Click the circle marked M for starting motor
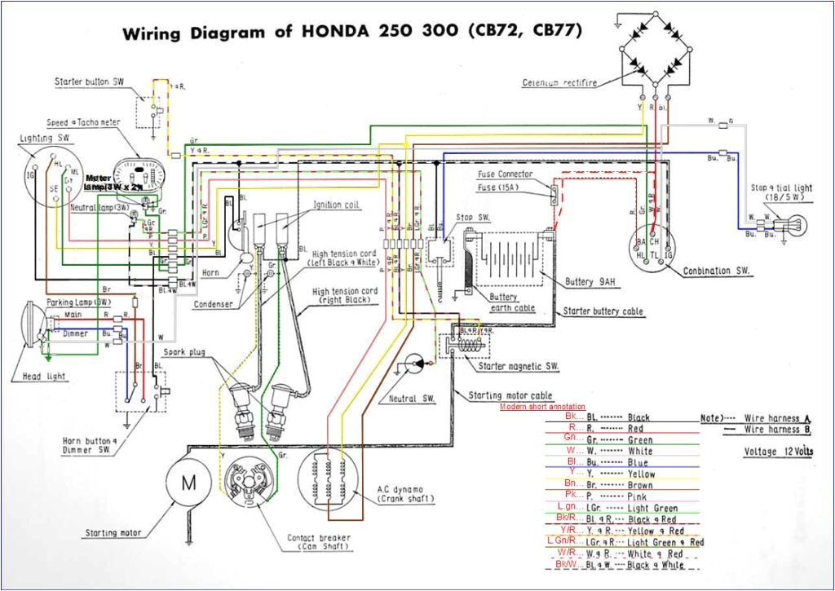[188, 483]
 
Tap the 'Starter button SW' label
[89, 82]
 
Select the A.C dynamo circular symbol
[331, 483]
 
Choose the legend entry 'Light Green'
[652, 508]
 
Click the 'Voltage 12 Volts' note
[779, 452]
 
